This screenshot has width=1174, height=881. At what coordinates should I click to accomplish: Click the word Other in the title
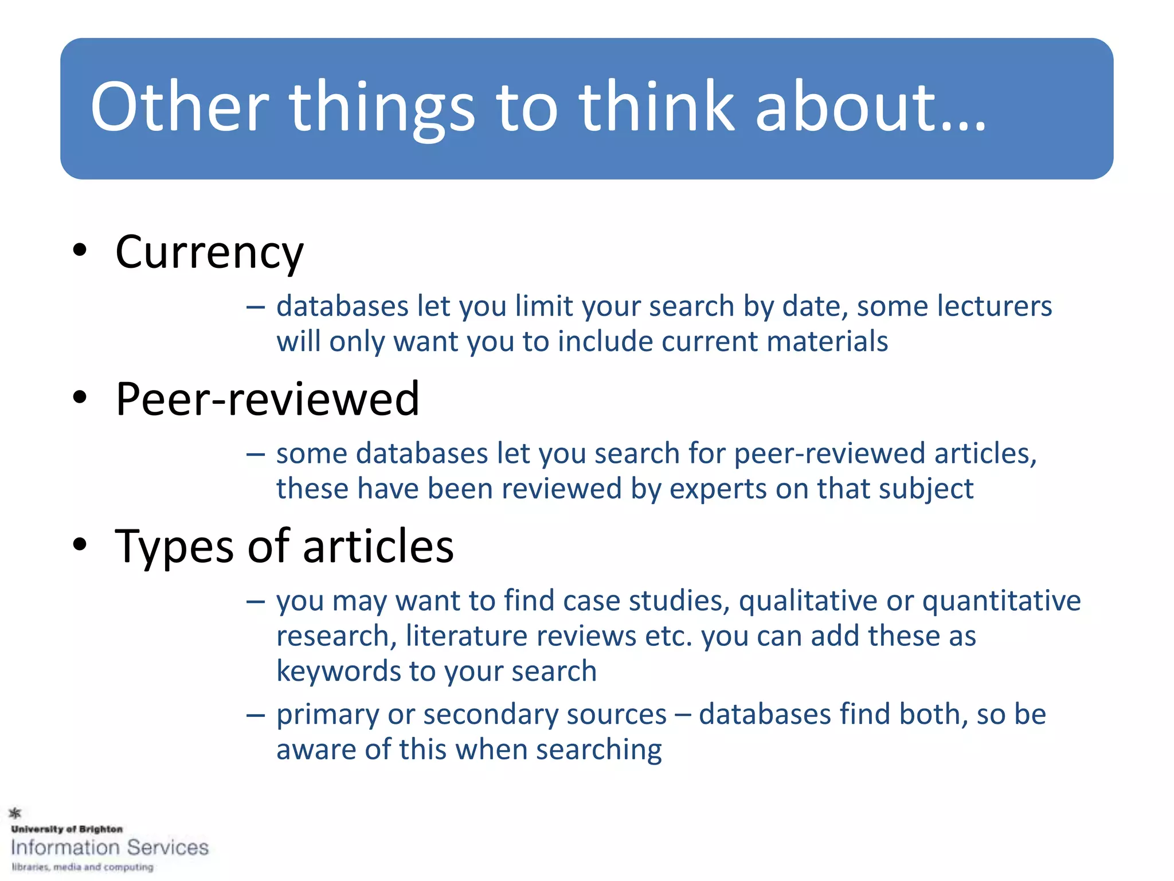(179, 107)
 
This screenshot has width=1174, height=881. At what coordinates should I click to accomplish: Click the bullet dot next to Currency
(80, 250)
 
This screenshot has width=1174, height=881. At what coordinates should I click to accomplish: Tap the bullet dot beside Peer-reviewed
(80, 397)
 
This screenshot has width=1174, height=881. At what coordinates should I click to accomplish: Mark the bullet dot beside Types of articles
(80, 544)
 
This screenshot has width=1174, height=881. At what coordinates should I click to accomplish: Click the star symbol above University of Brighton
(15, 812)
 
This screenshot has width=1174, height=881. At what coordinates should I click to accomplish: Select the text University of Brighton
(67, 829)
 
